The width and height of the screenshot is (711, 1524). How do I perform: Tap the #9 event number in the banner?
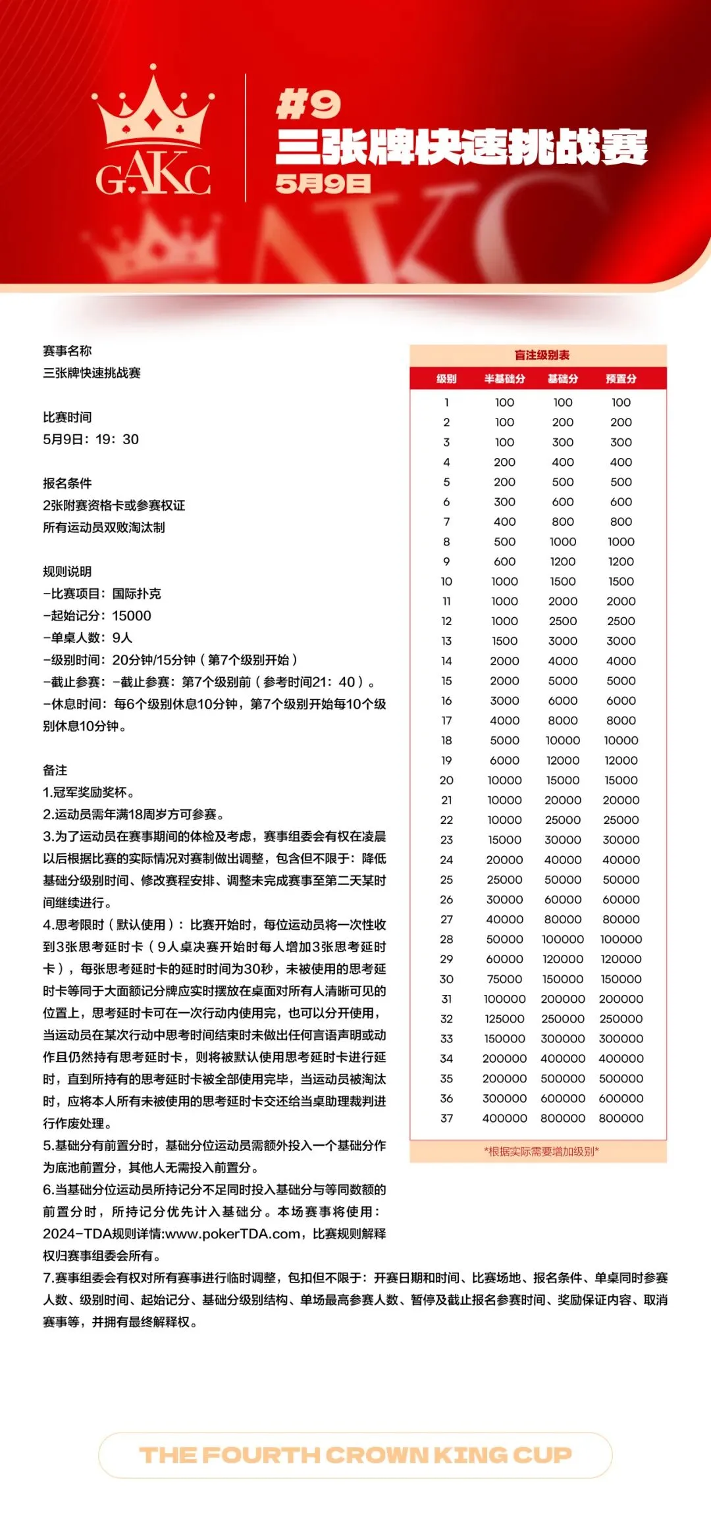308,105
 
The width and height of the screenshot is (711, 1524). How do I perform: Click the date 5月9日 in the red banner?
323,184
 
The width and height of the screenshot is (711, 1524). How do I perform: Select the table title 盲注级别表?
541,355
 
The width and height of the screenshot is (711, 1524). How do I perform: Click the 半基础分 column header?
504,379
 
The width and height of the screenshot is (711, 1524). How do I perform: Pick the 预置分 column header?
621,379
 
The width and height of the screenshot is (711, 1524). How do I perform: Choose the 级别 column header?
446,379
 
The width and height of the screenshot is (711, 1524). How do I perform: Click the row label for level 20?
446,780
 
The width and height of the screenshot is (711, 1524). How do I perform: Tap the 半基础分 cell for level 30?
504,979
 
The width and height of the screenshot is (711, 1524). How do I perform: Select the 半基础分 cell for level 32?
504,1019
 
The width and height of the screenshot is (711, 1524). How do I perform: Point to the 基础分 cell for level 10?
563,582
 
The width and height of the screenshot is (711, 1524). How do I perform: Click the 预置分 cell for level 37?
621,1118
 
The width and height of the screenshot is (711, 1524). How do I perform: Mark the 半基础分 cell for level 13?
504,641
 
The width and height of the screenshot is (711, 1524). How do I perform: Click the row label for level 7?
446,522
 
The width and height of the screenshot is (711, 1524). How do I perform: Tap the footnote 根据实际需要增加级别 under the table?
541,1152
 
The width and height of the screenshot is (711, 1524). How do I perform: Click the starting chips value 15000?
132,616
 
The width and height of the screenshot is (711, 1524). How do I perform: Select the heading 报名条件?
67,484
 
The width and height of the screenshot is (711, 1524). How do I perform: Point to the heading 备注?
55,771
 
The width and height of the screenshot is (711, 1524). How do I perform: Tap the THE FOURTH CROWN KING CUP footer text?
355,1455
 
